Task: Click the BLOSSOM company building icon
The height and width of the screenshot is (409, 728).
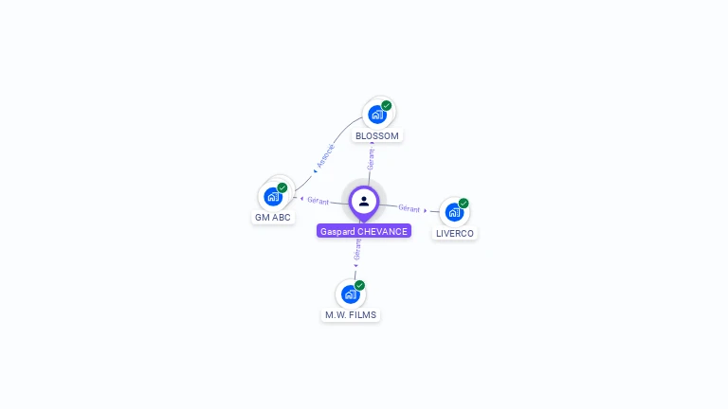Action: coord(377,115)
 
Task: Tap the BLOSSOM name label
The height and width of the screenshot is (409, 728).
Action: coord(377,136)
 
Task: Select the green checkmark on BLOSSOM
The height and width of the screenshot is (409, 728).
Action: coord(387,106)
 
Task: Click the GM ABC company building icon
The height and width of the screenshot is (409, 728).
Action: coord(273,197)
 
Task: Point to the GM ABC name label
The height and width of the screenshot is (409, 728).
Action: coord(273,218)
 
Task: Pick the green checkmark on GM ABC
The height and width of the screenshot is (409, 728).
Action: coord(282,187)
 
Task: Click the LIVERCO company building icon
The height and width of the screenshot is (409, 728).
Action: coord(454,212)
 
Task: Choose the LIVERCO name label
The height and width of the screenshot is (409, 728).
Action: coord(455,233)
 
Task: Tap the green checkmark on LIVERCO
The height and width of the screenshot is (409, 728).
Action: coord(464,204)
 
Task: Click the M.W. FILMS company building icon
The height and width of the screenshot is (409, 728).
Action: coord(351,293)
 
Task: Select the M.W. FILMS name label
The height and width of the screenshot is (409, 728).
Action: coord(351,315)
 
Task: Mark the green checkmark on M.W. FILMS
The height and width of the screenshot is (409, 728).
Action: coord(360,285)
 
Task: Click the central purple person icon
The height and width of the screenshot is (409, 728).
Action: coord(364,201)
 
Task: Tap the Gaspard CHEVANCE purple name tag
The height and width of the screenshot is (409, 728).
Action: coord(364,231)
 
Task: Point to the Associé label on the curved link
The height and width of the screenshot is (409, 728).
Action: coord(325,155)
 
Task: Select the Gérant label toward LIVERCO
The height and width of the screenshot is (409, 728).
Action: coord(409,208)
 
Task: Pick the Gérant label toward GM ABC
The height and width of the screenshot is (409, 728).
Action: coord(318,201)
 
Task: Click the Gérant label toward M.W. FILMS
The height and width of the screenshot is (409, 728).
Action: coord(357,250)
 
